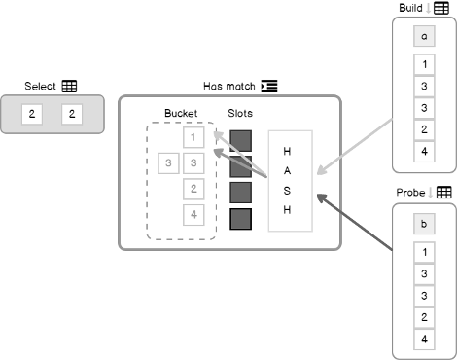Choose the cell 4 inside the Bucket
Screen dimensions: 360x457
[194, 215]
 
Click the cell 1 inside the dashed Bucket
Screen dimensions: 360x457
[194, 137]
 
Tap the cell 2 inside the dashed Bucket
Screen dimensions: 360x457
[194, 189]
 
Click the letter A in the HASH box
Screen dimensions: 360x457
[287, 170]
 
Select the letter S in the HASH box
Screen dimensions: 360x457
[287, 190]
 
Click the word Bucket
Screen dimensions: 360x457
[181, 113]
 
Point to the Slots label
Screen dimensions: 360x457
[240, 113]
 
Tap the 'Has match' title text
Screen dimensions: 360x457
[230, 86]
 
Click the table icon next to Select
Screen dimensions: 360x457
[69, 87]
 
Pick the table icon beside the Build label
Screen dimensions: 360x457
[441, 8]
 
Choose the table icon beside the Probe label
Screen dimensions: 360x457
[442, 193]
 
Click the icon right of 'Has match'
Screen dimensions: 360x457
[269, 86]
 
